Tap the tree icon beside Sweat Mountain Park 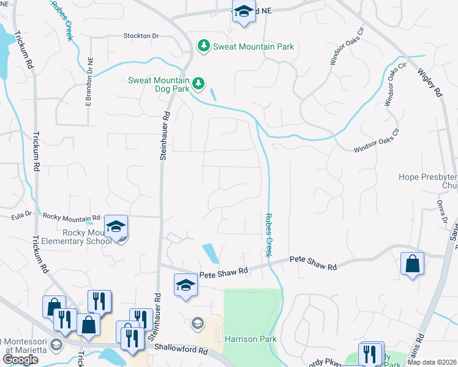[203, 46]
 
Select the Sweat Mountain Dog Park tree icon [197, 83]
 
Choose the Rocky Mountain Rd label [71, 217]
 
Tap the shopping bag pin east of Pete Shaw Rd [413, 264]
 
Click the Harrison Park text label [250, 339]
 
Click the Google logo [20, 360]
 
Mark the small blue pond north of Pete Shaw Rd [209, 252]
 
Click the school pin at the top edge [244, 12]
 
